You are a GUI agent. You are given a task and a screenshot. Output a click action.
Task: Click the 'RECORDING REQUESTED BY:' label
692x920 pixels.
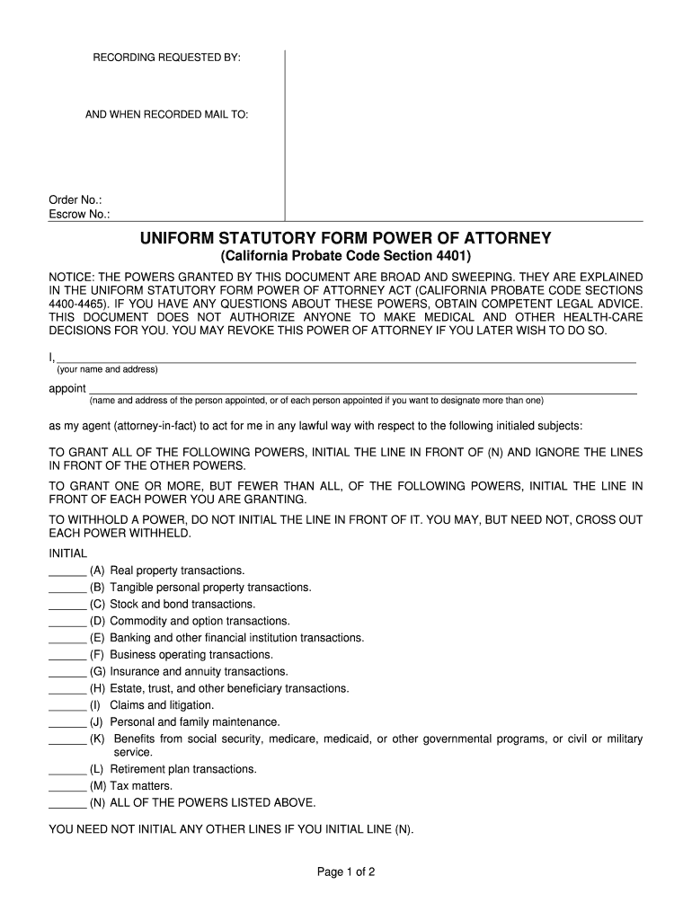coord(167,57)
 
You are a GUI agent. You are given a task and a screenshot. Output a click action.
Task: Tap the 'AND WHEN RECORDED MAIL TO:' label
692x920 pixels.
coord(167,115)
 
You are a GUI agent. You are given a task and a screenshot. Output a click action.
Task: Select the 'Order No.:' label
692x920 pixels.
coord(75,199)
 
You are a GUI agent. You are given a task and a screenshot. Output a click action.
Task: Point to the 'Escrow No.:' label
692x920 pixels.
coord(79,214)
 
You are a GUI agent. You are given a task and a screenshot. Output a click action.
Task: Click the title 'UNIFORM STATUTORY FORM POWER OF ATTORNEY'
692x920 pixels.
coord(345,238)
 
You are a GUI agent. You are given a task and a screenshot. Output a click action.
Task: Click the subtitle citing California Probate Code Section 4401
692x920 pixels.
coord(345,256)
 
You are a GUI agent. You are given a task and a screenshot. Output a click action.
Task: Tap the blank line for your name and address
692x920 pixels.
coord(346,359)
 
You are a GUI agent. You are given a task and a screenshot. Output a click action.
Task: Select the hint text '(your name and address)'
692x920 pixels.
coord(108,369)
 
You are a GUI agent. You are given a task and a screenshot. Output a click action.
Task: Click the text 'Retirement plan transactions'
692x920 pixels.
coord(183,769)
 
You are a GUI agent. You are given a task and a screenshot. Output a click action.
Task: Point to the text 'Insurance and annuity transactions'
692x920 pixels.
coord(199,671)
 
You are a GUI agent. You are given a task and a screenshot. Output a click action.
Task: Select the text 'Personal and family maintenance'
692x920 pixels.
coord(195,721)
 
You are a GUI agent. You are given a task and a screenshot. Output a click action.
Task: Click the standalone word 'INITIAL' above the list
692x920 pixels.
coord(67,553)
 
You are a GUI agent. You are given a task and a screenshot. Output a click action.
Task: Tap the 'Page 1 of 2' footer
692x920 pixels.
coord(346,871)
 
